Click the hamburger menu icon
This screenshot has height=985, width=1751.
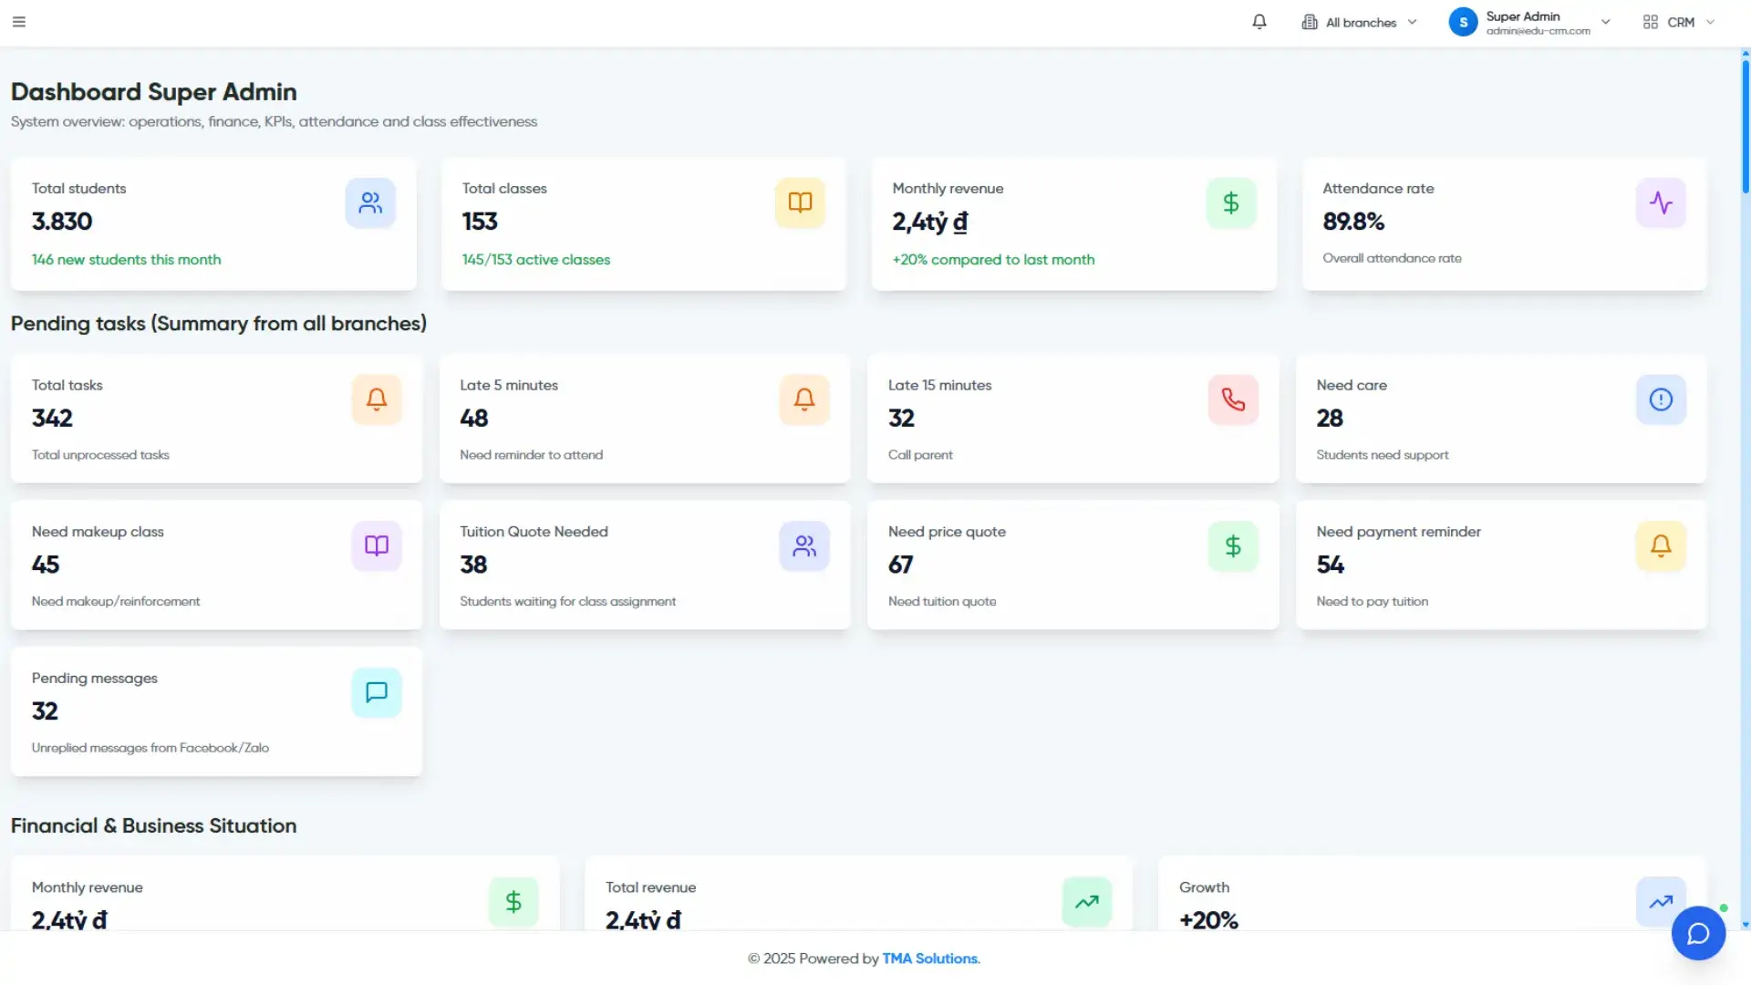pyautogui.click(x=19, y=22)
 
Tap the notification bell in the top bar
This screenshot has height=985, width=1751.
pyautogui.click(x=1259, y=22)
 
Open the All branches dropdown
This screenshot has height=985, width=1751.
pyautogui.click(x=1360, y=22)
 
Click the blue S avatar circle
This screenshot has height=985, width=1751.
pyautogui.click(x=1463, y=22)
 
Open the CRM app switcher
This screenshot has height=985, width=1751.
pyautogui.click(x=1679, y=22)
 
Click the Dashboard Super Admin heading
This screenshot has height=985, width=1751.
pyautogui.click(x=153, y=92)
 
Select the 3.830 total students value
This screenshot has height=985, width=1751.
pyautogui.click(x=62, y=222)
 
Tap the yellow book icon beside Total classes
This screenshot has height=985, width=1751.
pyautogui.click(x=800, y=202)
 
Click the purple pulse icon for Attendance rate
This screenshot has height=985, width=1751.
pyautogui.click(x=1661, y=202)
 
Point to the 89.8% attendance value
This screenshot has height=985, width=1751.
pyautogui.click(x=1353, y=222)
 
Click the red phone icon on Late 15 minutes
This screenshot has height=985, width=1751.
pyautogui.click(x=1233, y=399)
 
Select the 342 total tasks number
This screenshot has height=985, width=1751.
pyautogui.click(x=52, y=419)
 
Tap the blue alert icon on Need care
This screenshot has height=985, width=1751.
pyautogui.click(x=1661, y=399)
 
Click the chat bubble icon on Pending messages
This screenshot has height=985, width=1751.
pyautogui.click(x=377, y=692)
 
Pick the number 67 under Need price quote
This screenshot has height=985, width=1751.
pyautogui.click(x=901, y=565)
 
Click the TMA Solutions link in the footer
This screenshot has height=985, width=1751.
pyautogui.click(x=930, y=959)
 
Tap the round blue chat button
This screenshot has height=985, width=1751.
pyautogui.click(x=1698, y=933)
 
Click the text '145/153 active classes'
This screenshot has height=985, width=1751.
pyautogui.click(x=536, y=260)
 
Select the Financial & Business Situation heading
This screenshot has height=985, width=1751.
pyautogui.click(x=153, y=825)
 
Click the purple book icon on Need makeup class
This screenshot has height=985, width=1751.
pyautogui.click(x=377, y=546)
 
